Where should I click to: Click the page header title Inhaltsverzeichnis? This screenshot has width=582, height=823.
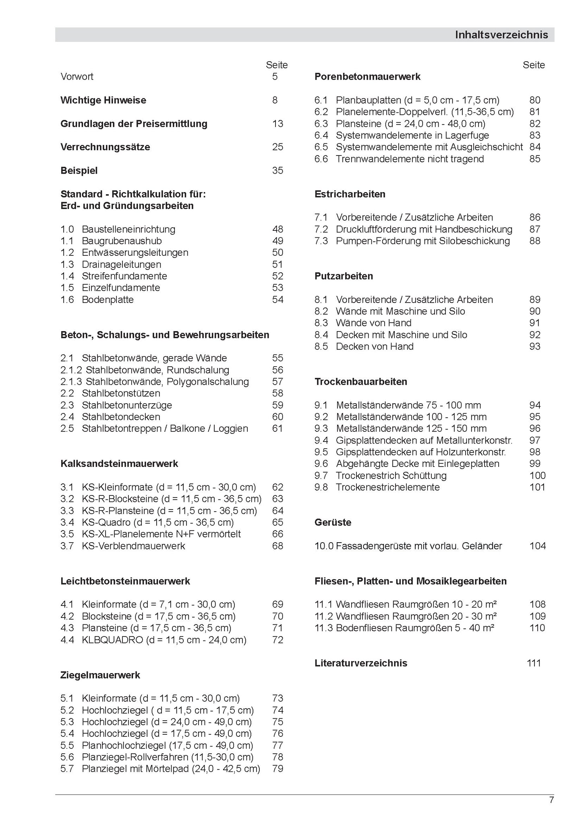tap(501, 35)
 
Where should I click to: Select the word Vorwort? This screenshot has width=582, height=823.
tap(77, 77)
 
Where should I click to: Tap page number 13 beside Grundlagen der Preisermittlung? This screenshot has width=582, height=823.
tap(278, 124)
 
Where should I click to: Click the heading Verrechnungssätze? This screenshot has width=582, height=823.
tap(105, 147)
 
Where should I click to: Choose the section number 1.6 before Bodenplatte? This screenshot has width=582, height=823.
tap(67, 300)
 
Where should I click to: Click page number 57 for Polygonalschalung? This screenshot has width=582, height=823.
tap(278, 381)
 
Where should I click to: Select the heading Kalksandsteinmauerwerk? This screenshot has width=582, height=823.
tap(119, 464)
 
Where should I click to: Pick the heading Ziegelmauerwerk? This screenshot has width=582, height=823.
tap(100, 675)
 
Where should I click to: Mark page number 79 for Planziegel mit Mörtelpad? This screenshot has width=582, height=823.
tap(278, 769)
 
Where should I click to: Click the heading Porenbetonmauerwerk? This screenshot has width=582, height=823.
tap(367, 77)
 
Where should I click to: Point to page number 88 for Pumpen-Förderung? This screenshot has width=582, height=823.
tap(534, 241)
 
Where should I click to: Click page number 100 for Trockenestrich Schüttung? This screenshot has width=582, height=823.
tap(537, 476)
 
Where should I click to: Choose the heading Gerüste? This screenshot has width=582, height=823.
tap(333, 522)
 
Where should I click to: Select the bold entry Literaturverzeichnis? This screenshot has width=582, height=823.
tap(360, 663)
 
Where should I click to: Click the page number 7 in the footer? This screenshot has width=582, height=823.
tap(551, 800)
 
